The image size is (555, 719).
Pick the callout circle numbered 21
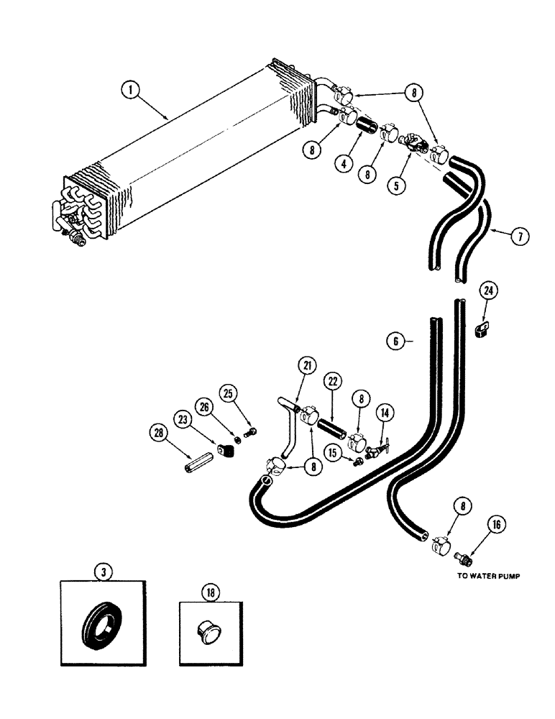(x=308, y=367)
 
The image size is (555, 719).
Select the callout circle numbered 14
(x=385, y=412)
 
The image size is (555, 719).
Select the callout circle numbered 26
(x=206, y=406)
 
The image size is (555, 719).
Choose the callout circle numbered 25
(x=230, y=393)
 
